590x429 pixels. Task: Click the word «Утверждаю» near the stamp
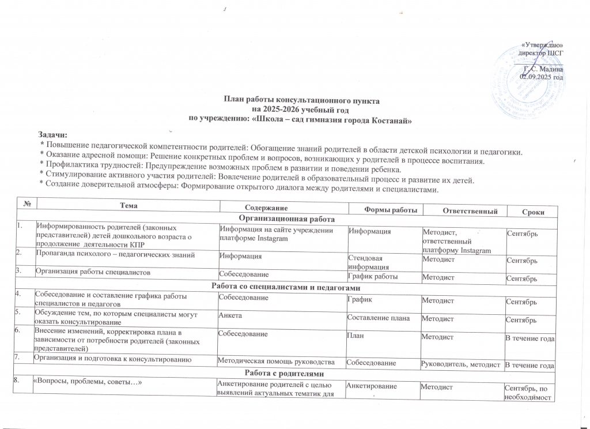542,45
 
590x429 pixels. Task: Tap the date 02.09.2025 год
541,76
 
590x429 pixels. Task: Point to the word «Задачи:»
52,135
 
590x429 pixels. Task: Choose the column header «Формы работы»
385,208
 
